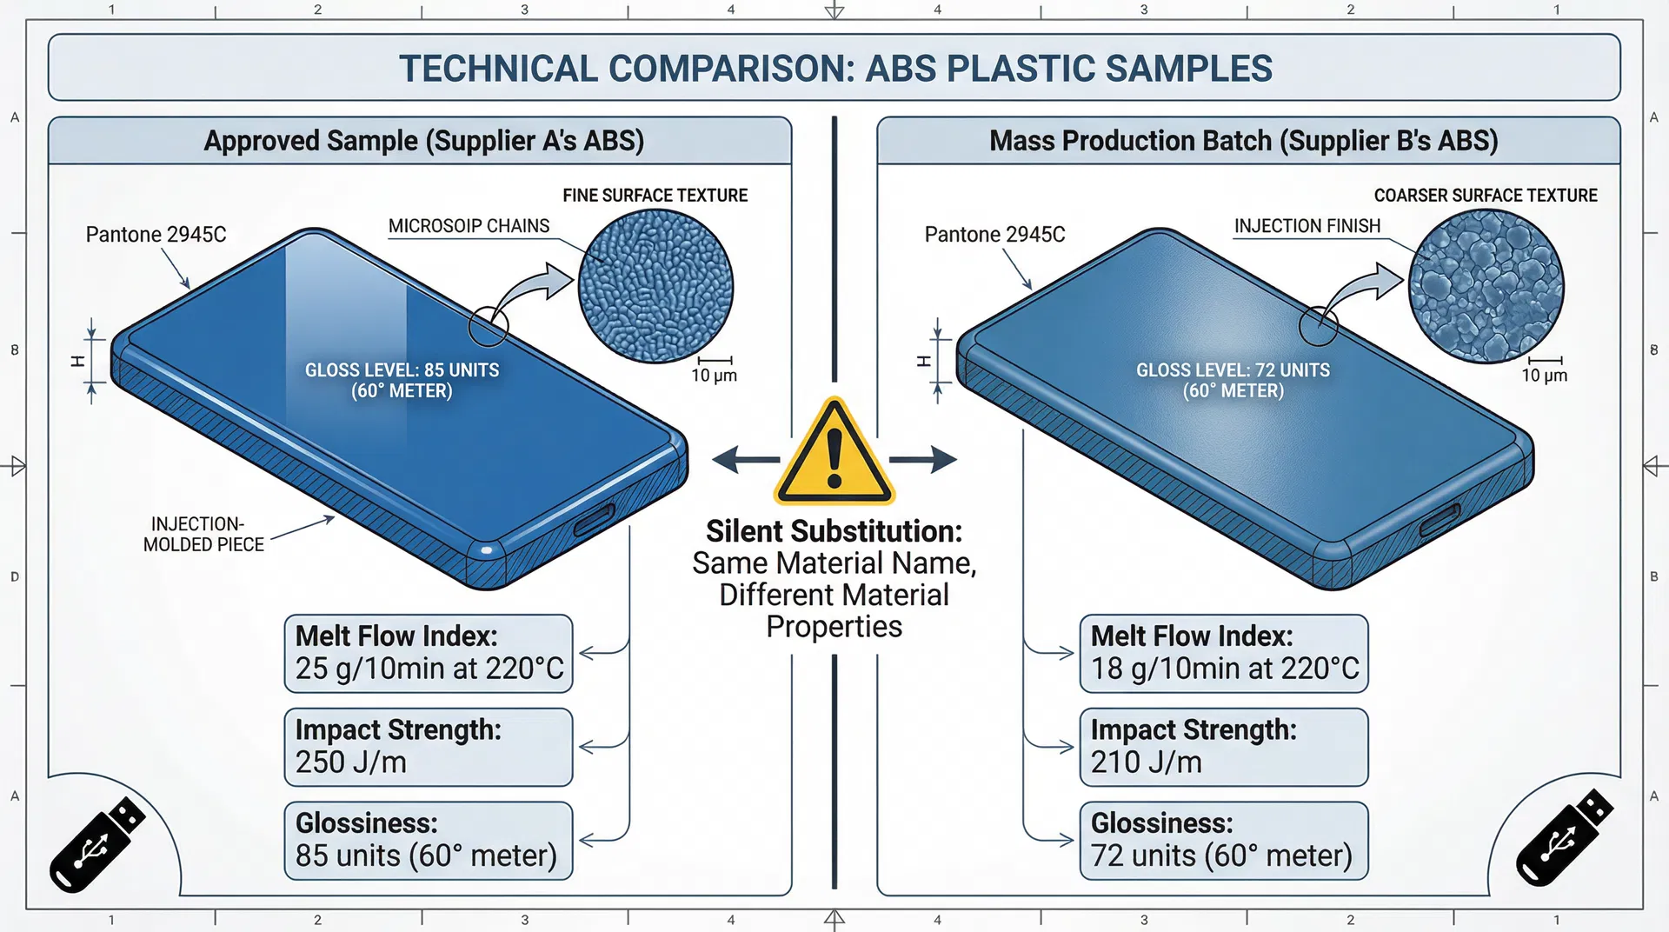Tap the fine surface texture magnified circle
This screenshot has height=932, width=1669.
pyautogui.click(x=655, y=286)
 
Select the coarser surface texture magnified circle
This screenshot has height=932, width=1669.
pyautogui.click(x=1486, y=286)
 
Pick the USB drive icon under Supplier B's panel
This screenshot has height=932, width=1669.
pyautogui.click(x=1565, y=838)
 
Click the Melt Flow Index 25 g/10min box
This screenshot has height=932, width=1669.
pyautogui.click(x=429, y=653)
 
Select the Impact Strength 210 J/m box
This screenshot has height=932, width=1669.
pyautogui.click(x=1224, y=747)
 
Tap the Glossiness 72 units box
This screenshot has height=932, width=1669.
pyautogui.click(x=1224, y=840)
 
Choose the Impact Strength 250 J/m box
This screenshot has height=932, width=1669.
pyautogui.click(x=429, y=747)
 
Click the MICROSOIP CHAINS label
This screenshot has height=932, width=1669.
pyautogui.click(x=469, y=226)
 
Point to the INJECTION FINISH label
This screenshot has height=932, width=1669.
pyautogui.click(x=1307, y=226)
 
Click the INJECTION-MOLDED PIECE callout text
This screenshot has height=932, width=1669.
pyautogui.click(x=203, y=535)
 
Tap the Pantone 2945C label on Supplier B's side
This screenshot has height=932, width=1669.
pyautogui.click(x=994, y=235)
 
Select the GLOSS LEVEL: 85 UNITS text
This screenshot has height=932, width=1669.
pyautogui.click(x=402, y=370)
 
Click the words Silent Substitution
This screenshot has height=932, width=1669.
pyautogui.click(x=834, y=531)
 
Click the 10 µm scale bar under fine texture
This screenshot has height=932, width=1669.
pyautogui.click(x=715, y=360)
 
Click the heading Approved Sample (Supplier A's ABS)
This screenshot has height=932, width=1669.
pyautogui.click(x=423, y=141)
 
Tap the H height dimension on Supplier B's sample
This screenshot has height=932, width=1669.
pyautogui.click(x=925, y=361)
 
